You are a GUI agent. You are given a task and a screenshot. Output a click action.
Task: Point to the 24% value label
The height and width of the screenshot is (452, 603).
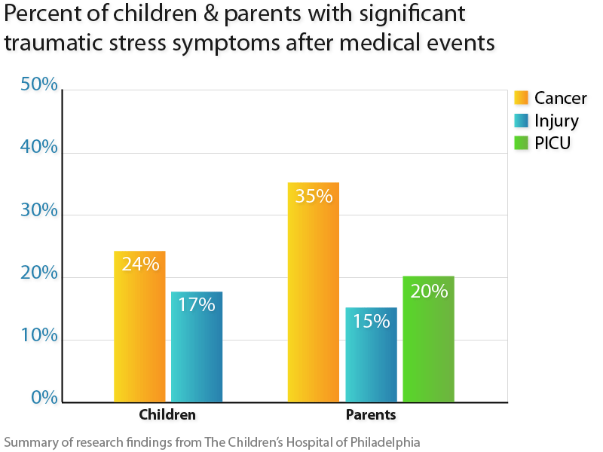[x=140, y=264]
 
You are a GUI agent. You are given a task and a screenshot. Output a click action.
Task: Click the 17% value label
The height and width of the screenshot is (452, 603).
[x=197, y=304]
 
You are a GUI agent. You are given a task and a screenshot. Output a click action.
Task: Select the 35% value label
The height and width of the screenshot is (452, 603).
[x=314, y=196]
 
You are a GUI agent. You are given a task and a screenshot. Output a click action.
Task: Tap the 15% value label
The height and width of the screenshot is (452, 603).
[x=371, y=321]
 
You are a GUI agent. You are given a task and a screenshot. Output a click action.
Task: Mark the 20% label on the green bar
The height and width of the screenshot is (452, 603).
[x=429, y=290]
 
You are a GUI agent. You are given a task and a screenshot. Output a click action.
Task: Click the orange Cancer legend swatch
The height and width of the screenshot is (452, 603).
[x=521, y=98]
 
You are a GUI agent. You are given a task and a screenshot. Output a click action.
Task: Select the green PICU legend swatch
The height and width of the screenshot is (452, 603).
[x=521, y=142]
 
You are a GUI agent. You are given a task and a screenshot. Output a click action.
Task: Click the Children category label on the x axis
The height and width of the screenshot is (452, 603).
[x=167, y=414]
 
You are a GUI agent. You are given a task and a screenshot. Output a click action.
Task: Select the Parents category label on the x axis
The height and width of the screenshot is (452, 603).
[x=371, y=414]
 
